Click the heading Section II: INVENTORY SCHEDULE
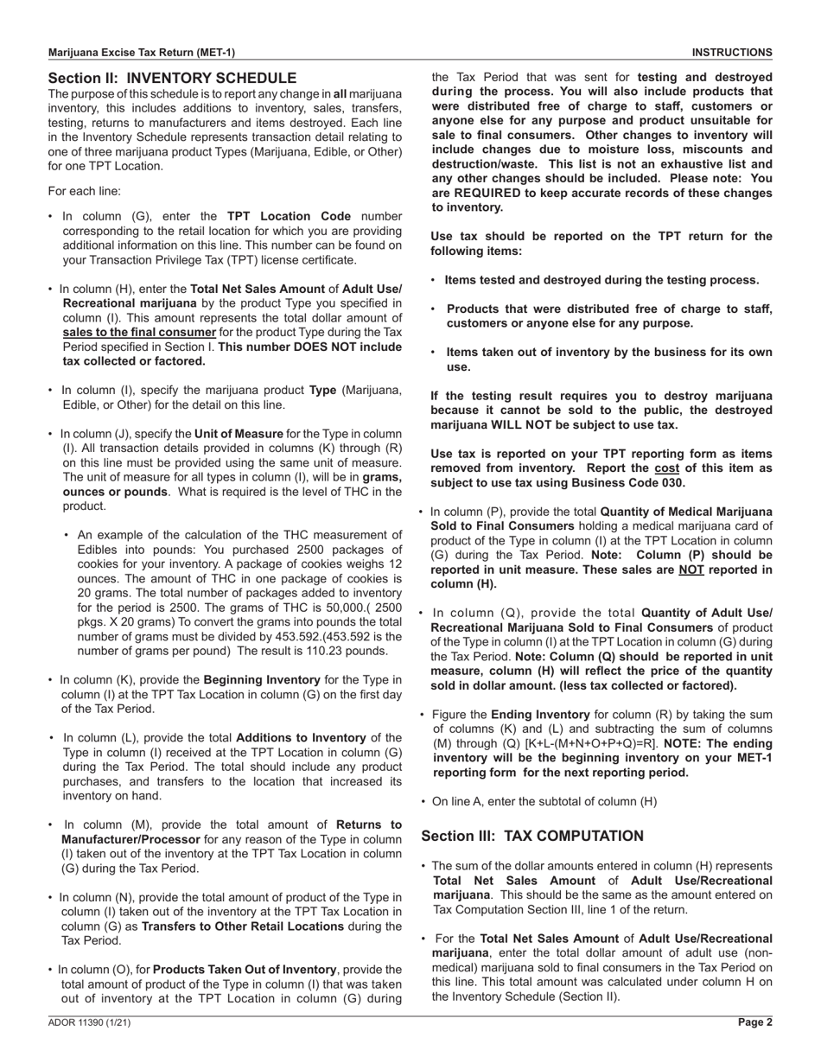[172, 78]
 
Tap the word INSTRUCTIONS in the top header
[732, 53]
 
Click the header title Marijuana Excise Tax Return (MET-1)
[141, 53]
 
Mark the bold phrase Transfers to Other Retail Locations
[262, 926]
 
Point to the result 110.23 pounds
[345, 651]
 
